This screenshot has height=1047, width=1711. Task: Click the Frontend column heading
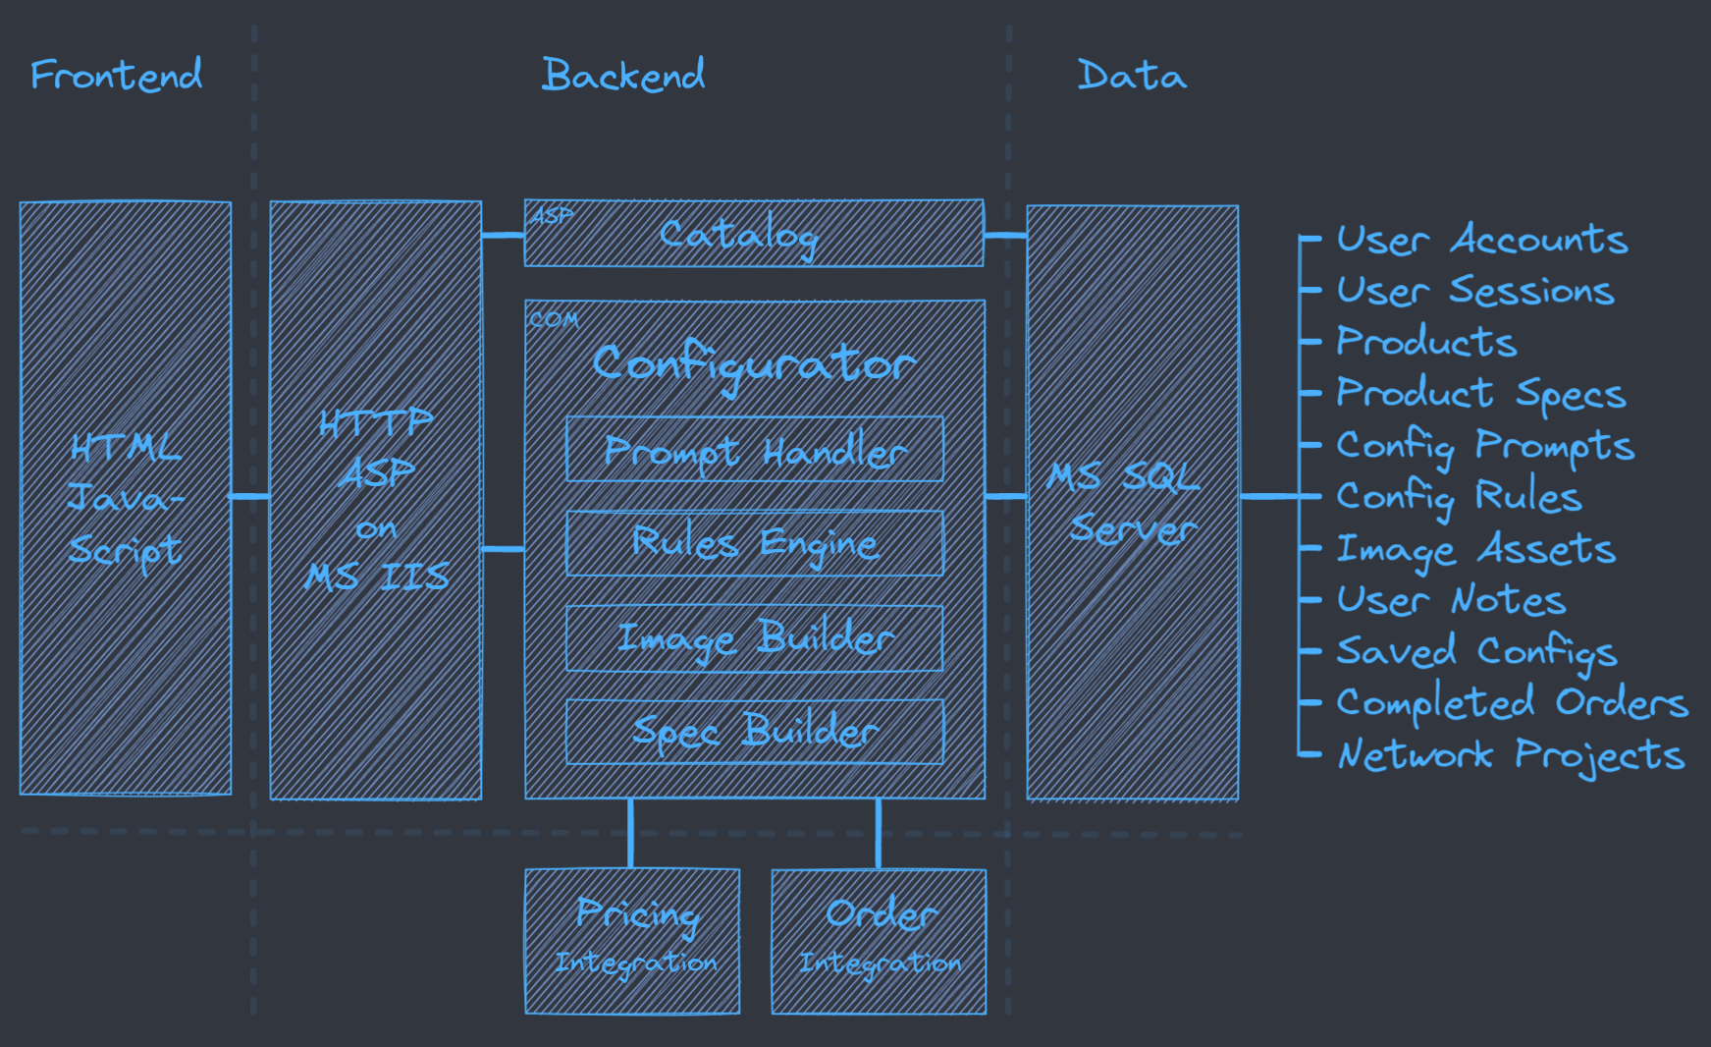click(x=116, y=75)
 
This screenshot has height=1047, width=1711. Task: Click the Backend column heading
click(x=623, y=75)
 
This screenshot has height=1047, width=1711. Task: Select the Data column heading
click(x=1132, y=75)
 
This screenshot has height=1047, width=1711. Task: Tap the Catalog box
click(x=753, y=234)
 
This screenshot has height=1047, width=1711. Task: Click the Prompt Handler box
click(x=754, y=450)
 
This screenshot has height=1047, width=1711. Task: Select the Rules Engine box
click(x=754, y=543)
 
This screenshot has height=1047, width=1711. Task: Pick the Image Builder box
click(x=754, y=638)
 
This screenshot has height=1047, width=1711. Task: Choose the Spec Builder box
click(x=754, y=732)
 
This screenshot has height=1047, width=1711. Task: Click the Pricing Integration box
click(x=632, y=941)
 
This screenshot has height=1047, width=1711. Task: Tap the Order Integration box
click(x=879, y=941)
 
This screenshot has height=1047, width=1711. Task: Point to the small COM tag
click(x=554, y=320)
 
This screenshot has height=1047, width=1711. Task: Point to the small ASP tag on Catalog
click(x=552, y=216)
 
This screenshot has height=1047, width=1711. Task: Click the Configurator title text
click(x=754, y=363)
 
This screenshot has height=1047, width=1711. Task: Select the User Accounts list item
click(x=1481, y=240)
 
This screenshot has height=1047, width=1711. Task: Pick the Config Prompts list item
click(x=1484, y=446)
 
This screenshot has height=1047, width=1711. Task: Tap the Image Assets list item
click(x=1475, y=549)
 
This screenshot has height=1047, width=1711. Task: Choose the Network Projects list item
click(x=1511, y=754)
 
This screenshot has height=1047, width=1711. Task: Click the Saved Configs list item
click(x=1476, y=652)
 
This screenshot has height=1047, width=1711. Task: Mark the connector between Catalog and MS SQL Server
click(x=1005, y=236)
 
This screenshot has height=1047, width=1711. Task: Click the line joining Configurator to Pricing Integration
click(x=630, y=834)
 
